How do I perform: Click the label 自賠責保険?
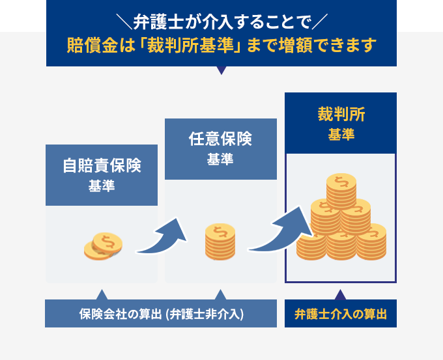[x=101, y=165]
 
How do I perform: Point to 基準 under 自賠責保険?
[x=101, y=187]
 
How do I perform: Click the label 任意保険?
[x=220, y=139]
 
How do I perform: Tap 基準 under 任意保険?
[x=220, y=160]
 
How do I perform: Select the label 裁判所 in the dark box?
[x=341, y=115]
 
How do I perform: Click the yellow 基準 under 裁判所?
[x=341, y=135]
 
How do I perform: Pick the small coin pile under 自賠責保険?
[x=104, y=247]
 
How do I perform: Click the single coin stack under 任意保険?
[x=220, y=242]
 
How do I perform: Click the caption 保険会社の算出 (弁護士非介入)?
[x=160, y=314]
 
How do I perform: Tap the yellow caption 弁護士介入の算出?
[x=341, y=314]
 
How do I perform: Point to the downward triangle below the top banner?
[x=221, y=70]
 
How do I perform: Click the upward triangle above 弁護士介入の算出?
[x=341, y=294]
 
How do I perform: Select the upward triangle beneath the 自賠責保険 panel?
[x=101, y=294]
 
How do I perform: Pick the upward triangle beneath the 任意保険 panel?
[x=220, y=294]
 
